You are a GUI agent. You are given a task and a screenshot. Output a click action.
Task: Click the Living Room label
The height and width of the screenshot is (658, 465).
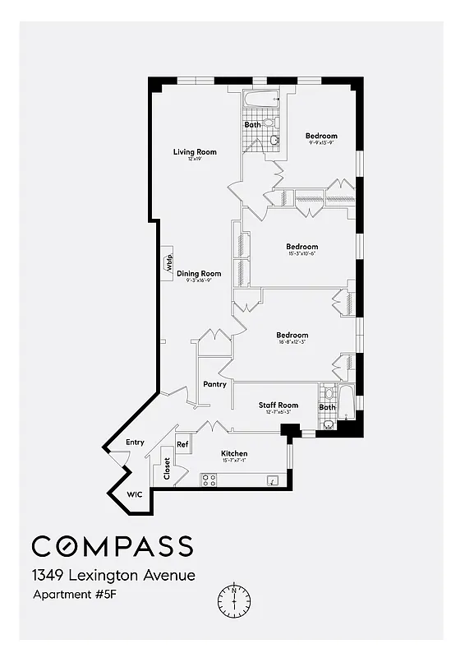(x=195, y=151)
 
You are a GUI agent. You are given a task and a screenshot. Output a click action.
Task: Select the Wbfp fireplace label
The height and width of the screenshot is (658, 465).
(x=168, y=265)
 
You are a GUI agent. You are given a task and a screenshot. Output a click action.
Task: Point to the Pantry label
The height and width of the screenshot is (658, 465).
(x=214, y=384)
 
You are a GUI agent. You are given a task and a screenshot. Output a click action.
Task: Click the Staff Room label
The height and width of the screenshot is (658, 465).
(x=279, y=405)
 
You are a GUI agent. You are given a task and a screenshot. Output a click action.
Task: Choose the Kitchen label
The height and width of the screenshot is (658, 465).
(x=234, y=454)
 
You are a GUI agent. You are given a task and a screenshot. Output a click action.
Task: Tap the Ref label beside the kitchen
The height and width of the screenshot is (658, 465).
(x=183, y=444)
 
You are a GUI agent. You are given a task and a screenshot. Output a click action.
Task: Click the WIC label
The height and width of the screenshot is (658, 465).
(x=134, y=495)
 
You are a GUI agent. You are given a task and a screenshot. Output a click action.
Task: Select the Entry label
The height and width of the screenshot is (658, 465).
(x=135, y=443)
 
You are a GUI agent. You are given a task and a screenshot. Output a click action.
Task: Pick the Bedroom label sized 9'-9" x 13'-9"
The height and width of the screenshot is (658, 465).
(x=321, y=137)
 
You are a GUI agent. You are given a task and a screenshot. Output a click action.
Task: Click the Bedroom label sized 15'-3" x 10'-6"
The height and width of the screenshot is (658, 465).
(x=302, y=247)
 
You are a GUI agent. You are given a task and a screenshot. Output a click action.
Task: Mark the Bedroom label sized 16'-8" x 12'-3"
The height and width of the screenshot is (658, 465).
(x=292, y=335)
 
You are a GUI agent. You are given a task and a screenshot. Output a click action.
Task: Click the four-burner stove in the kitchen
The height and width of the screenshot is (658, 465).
(x=209, y=480)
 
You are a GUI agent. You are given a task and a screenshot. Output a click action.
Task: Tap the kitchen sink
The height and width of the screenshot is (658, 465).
(x=273, y=480)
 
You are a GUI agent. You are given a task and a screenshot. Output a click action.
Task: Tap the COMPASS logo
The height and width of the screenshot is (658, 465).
(x=113, y=546)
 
